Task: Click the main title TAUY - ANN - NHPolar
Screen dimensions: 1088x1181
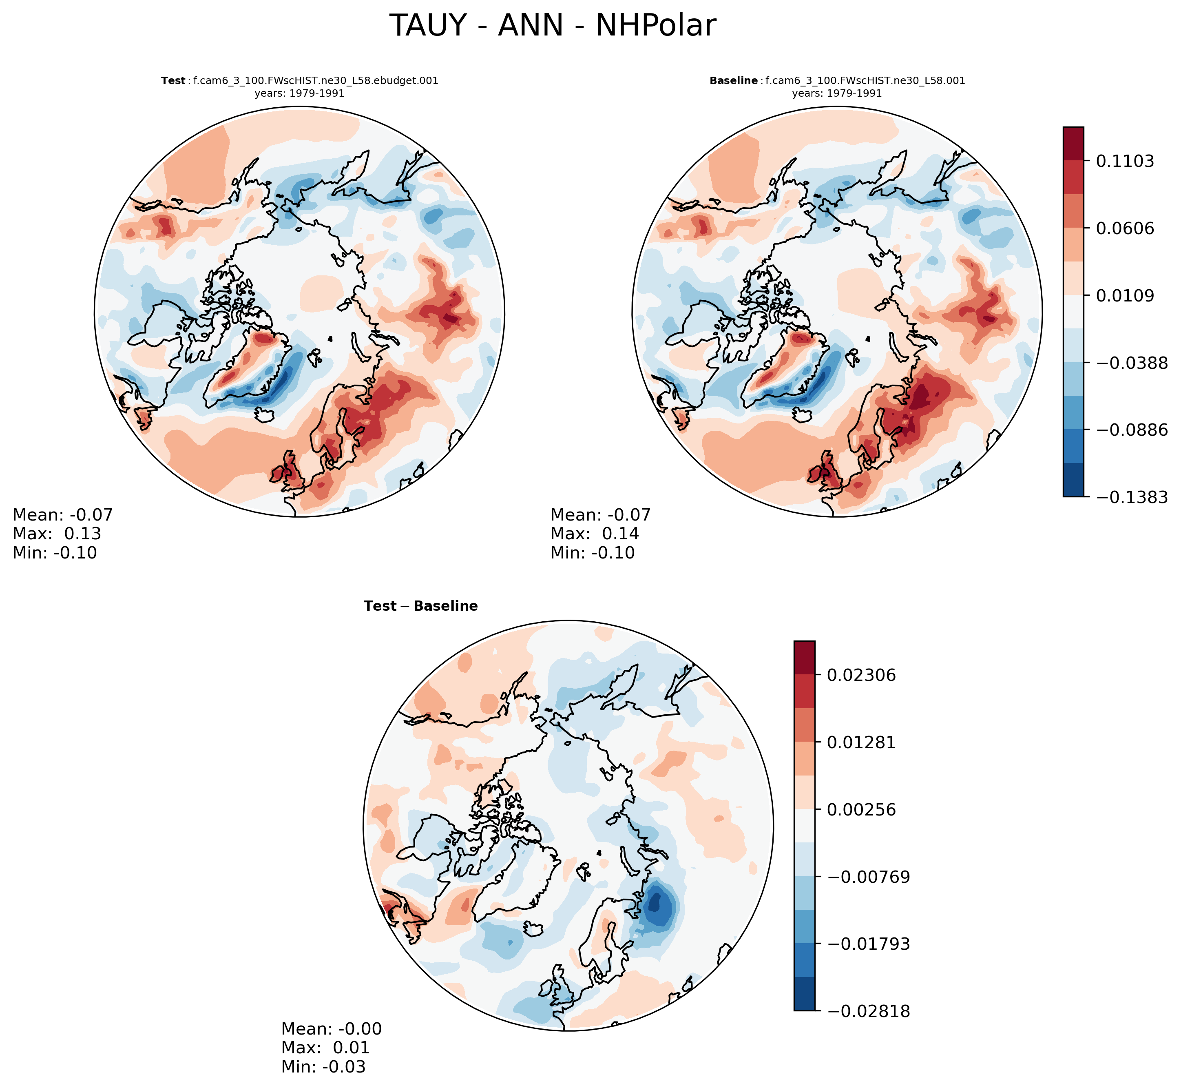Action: click(553, 26)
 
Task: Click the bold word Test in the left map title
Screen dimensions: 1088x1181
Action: click(173, 81)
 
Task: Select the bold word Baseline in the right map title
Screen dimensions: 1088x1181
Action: click(733, 81)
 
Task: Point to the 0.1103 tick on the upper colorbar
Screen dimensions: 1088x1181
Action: click(1124, 161)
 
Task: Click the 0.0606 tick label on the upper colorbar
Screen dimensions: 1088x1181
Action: click(1124, 228)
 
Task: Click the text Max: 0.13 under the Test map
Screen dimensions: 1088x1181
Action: click(57, 534)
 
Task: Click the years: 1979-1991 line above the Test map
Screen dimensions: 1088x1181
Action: click(299, 93)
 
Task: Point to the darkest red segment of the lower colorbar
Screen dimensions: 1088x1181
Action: click(805, 658)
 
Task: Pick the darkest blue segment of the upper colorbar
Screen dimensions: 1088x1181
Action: click(1073, 480)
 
